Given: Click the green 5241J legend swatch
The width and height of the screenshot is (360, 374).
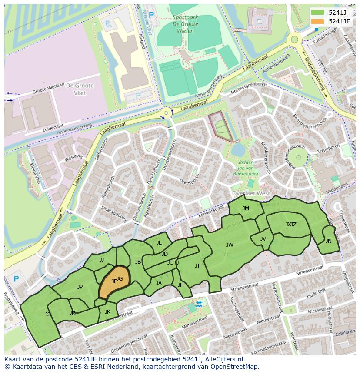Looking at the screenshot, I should coord(318,13).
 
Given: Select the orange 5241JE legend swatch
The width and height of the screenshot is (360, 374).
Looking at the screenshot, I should coord(318,21).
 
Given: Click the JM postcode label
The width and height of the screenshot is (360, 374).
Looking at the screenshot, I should coord(246,209).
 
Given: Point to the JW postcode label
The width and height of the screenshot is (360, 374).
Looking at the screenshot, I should coord(230,245).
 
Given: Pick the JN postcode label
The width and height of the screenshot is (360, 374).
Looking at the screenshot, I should coord(328,241).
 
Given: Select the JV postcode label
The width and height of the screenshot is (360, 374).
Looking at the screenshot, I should coord(263,239).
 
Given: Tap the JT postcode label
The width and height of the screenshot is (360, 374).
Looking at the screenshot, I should coord(197,266).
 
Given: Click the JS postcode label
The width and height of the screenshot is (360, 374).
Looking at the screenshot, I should coord(48,314).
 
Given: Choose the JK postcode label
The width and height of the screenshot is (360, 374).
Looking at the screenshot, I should coord(107,311).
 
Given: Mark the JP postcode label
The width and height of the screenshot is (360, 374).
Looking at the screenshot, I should coord(80,287).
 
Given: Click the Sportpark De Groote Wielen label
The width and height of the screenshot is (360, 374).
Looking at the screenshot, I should coord(185,21).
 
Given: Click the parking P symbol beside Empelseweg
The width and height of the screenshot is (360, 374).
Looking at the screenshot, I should coord(17,279).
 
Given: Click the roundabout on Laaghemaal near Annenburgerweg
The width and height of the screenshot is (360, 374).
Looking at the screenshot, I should coord(166,114).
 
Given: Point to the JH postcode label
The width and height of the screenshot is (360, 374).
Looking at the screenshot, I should coord(180,285).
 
